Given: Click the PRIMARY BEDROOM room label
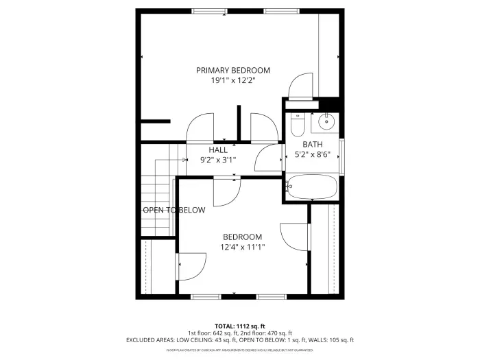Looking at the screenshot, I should point(232,70).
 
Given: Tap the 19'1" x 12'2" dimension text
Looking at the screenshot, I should point(232,80).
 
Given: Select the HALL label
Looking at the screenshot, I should point(218,149).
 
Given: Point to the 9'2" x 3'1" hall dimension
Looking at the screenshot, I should point(218,160).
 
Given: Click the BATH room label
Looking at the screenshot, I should point(313,144).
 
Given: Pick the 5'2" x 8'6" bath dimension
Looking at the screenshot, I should point(313,154).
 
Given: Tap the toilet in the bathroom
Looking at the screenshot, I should point(297,125).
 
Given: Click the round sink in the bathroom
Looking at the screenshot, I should point(325,124).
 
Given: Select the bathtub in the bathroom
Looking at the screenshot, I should point(312,187).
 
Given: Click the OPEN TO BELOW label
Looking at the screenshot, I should point(173,210).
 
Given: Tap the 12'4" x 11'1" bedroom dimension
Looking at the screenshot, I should point(242,247).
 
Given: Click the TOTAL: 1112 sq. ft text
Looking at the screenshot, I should point(239,326).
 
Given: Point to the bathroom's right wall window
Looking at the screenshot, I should point(341,157).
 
